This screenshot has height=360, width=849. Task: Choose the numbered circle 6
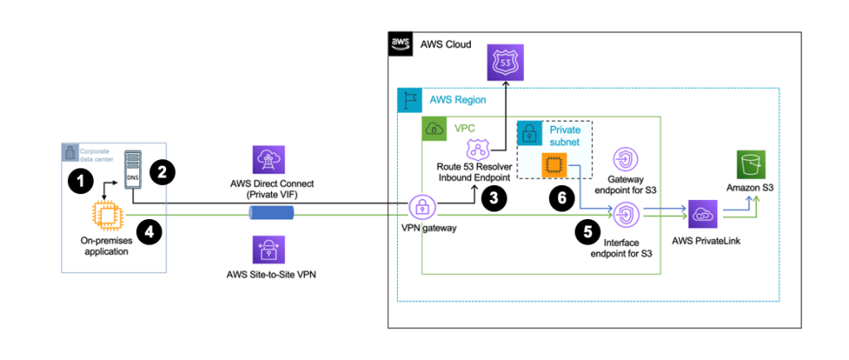tap(561, 197)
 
